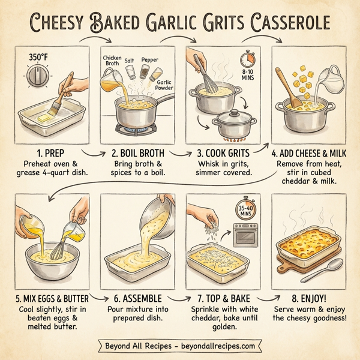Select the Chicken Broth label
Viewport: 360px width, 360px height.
112,61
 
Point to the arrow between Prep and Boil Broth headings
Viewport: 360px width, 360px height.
89,155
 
